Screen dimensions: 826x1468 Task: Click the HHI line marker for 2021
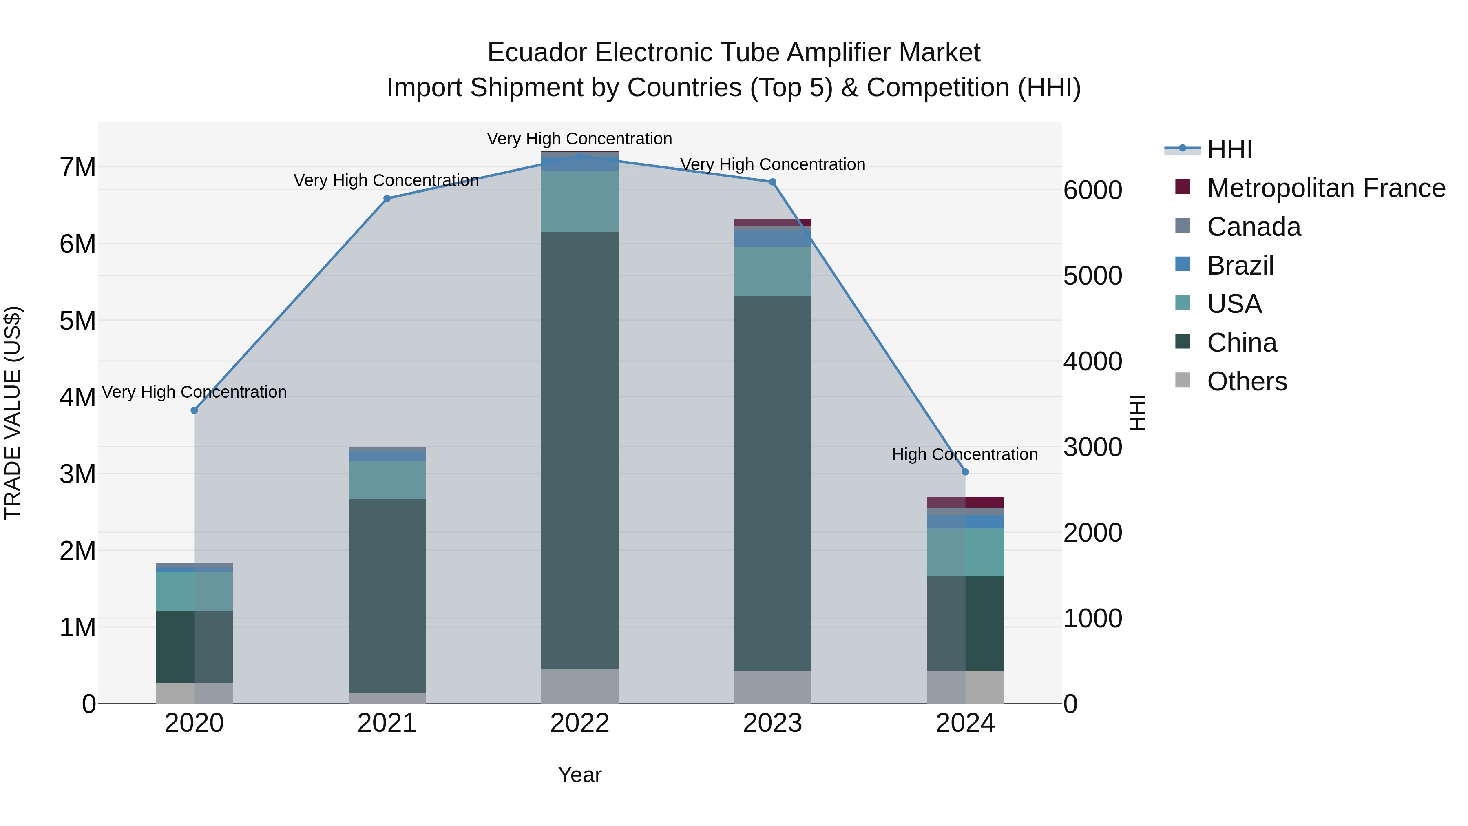tap(387, 198)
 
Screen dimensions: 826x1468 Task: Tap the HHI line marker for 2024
tap(965, 472)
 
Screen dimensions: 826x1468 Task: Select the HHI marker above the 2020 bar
tap(195, 410)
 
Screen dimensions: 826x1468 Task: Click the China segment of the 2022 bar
tap(579, 450)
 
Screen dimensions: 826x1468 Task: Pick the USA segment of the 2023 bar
tap(772, 271)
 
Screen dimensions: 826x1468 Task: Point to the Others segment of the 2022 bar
tap(579, 686)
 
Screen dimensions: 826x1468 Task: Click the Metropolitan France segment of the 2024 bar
tap(965, 502)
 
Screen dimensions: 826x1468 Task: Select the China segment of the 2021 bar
tap(387, 596)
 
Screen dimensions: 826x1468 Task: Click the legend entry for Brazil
tap(1240, 266)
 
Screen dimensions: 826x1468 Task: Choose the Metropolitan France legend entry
tap(1326, 188)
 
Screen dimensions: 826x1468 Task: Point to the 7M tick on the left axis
tap(77, 168)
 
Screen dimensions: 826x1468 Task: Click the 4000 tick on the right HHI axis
tap(1092, 361)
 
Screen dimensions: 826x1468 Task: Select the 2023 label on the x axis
tap(772, 723)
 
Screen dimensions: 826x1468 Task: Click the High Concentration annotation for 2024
tap(965, 454)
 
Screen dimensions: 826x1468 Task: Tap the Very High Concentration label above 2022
tap(579, 139)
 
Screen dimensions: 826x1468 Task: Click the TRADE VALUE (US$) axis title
tap(13, 413)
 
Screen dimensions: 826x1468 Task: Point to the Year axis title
tap(579, 775)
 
